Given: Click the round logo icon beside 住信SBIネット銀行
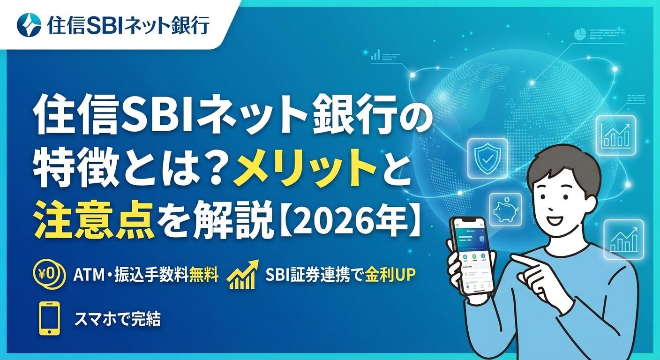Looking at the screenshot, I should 29,25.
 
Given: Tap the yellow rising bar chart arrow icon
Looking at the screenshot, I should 243,275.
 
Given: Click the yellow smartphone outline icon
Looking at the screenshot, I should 50,318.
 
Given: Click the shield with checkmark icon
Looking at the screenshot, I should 488,158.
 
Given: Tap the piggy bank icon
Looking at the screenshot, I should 505,210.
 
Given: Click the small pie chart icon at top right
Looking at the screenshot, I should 580,34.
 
